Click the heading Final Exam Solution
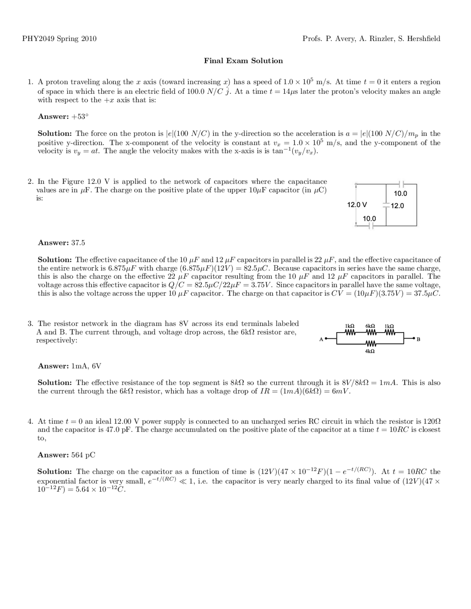pos(243,61)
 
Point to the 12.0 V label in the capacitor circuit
pos(357,204)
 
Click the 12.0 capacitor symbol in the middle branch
pos(386,205)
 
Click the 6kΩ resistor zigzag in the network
pos(370,333)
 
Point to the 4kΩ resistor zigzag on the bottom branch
pos(370,344)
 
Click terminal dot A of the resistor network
pos(326,339)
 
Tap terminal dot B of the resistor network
pos(414,338)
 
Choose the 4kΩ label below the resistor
pos(370,352)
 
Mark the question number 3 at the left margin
pos(30,324)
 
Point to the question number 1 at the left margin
pos(30,82)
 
